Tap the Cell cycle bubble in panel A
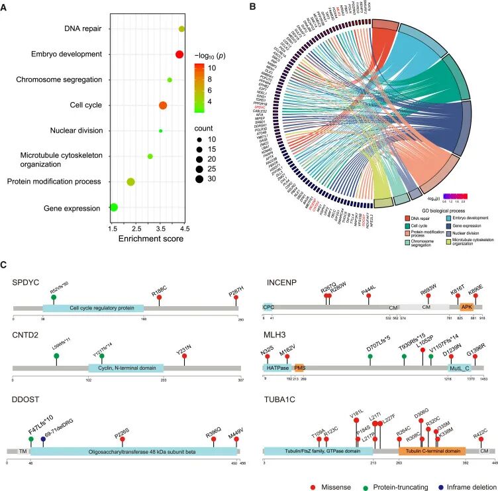pos(163,105)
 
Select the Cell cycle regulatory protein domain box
pos(93,308)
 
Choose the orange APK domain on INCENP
pos(467,307)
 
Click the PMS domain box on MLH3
pos(299,366)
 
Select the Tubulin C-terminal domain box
pos(432,451)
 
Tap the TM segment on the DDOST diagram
pos(23,451)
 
